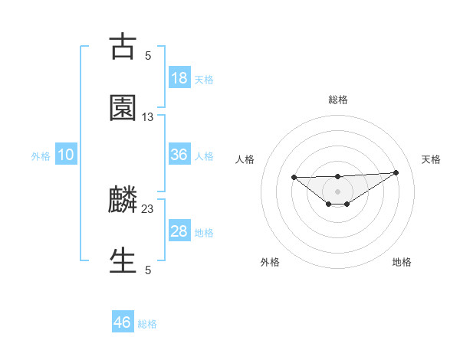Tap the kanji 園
(x=123, y=108)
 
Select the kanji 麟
(x=123, y=200)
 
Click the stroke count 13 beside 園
(x=148, y=116)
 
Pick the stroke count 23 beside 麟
(x=148, y=208)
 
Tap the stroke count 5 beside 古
(x=148, y=55)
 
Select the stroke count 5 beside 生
(x=148, y=270)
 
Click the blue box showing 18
(x=179, y=78)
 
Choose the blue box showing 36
(x=179, y=155)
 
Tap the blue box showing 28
(x=179, y=231)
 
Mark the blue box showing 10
(x=66, y=155)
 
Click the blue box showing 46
(x=123, y=322)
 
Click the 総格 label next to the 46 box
(x=147, y=324)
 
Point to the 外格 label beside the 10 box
(x=41, y=156)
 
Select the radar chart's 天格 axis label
(x=431, y=159)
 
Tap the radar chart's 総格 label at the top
(x=337, y=100)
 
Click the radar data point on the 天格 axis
(x=396, y=172)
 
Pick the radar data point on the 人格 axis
(x=294, y=177)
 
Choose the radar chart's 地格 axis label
(x=402, y=262)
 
